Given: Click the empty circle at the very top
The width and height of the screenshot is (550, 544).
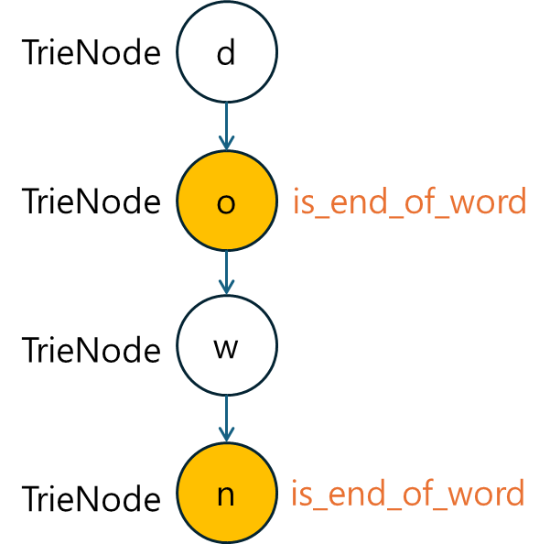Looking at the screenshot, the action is (x=226, y=52).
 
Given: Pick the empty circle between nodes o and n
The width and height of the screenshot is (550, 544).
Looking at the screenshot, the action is (x=226, y=345).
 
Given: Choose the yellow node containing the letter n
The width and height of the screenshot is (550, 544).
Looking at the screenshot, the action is (x=226, y=494).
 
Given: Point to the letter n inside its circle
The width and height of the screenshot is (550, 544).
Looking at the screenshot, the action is (x=226, y=496).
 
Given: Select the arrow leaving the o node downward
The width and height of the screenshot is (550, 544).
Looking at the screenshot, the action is (x=226, y=271).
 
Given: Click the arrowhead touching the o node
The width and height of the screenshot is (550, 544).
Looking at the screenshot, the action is (x=226, y=144).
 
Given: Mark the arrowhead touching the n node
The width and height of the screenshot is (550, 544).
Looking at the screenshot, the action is (x=226, y=435).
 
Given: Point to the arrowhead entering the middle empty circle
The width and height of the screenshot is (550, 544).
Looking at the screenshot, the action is (x=226, y=288).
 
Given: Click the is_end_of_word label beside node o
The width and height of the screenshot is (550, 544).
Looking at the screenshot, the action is (x=409, y=202).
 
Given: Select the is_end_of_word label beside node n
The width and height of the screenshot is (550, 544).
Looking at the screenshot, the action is (x=407, y=495).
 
